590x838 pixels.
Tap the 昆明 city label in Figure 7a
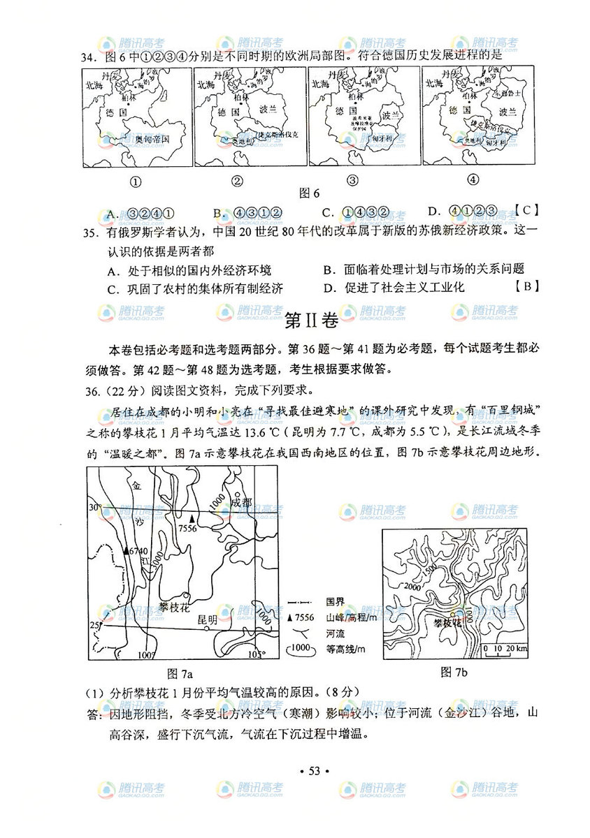(x=208, y=619)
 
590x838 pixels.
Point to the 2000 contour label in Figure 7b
(x=410, y=587)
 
